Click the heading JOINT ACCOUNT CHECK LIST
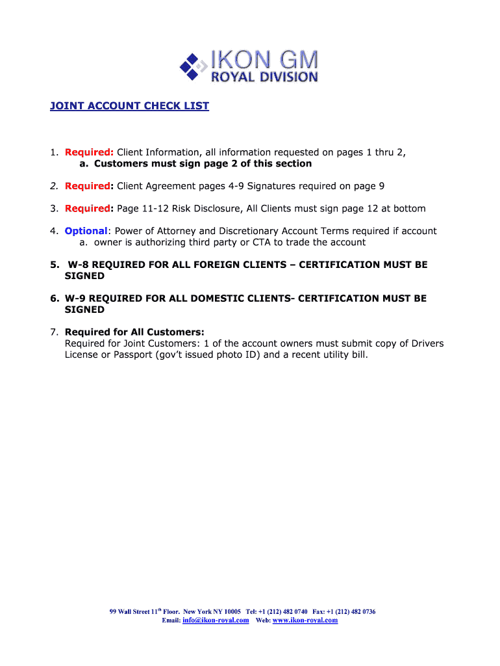click(x=129, y=106)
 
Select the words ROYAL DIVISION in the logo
click(x=265, y=77)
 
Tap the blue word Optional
click(x=86, y=231)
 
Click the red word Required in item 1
click(x=89, y=152)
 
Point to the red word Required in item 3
click(x=87, y=208)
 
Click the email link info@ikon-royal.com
click(x=216, y=620)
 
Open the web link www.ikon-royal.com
click(x=305, y=620)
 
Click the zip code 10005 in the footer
click(x=232, y=611)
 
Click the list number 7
click(x=53, y=332)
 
